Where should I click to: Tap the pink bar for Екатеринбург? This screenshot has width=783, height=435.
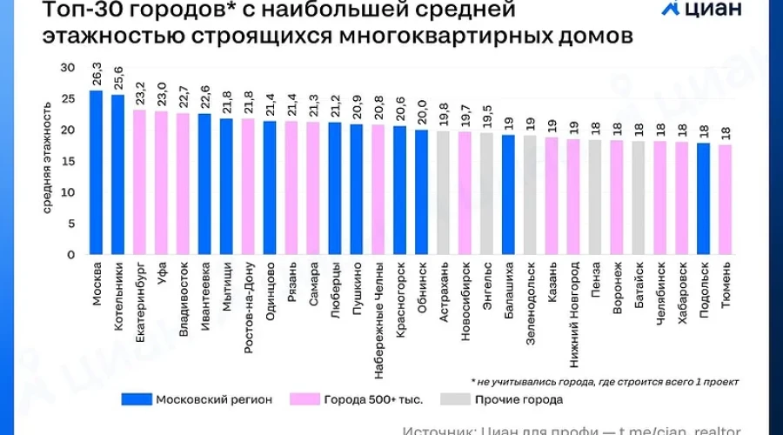tap(139, 182)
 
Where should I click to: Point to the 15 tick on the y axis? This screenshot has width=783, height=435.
tap(69, 161)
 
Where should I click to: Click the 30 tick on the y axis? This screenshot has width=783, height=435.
tap(69, 68)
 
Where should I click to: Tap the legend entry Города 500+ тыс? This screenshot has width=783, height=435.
tap(373, 400)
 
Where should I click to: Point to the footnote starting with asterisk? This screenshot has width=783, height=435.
tap(604, 381)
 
